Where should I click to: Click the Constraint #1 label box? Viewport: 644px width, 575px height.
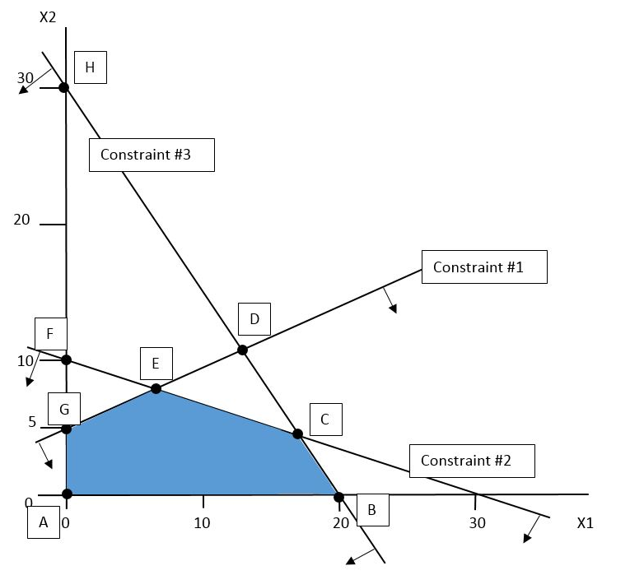(x=484, y=267)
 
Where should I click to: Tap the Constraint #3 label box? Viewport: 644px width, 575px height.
(x=152, y=155)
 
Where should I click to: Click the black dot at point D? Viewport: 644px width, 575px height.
(x=242, y=350)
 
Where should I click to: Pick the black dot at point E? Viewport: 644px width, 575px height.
(x=156, y=388)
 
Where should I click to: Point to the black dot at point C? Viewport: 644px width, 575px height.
(x=298, y=434)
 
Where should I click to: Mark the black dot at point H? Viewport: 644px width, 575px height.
(x=64, y=86)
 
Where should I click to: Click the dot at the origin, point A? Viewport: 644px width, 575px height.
(x=67, y=494)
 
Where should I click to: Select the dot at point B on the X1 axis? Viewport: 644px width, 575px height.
(x=338, y=496)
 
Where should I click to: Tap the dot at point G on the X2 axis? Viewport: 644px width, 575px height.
(x=67, y=429)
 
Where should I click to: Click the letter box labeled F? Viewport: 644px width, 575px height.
(x=50, y=334)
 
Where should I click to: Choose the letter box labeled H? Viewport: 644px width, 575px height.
(x=90, y=67)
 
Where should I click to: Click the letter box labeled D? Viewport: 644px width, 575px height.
(x=254, y=319)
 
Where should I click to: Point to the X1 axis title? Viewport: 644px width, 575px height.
(x=586, y=522)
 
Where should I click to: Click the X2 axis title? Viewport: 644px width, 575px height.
(x=48, y=16)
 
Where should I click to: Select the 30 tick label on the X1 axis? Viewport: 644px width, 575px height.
(x=477, y=522)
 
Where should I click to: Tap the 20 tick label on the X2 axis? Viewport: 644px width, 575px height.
(x=22, y=220)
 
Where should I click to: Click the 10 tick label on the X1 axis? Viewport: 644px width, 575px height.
(x=203, y=522)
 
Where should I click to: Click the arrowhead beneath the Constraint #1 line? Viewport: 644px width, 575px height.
(x=393, y=308)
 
